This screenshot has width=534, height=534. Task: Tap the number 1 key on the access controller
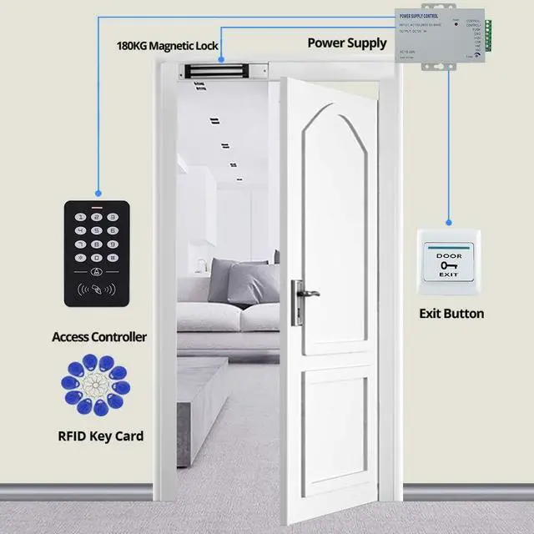pos(81,217)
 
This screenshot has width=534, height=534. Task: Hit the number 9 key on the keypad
pos(113,244)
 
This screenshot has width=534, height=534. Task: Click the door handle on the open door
pos(305,294)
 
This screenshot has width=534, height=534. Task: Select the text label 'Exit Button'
pos(451,314)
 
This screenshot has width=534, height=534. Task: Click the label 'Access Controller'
pos(99,337)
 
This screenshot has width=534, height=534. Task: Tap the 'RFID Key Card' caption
pos(101,436)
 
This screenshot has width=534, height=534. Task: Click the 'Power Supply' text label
pos(347,43)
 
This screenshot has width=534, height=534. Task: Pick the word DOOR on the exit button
pos(448,255)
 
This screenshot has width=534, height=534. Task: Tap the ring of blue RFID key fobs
pos(93,385)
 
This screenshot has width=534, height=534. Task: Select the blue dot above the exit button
pos(448,224)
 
